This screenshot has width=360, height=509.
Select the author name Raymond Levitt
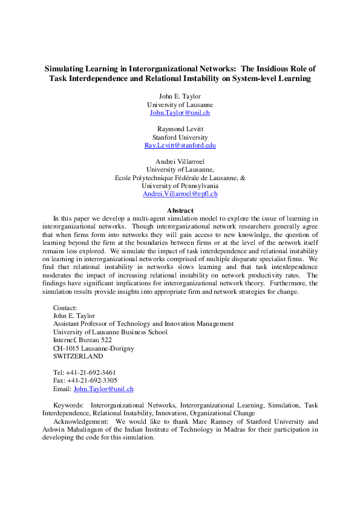tap(180, 129)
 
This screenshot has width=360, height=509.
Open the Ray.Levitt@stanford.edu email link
tap(180, 146)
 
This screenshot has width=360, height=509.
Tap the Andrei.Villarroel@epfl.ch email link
tap(180, 194)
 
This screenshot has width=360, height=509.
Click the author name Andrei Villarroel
tap(180, 162)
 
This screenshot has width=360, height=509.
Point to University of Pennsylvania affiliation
tap(180, 186)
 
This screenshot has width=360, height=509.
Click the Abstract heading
tap(180, 210)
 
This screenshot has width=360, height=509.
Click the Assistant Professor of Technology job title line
tap(143, 324)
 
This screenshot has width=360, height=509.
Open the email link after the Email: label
tap(103, 389)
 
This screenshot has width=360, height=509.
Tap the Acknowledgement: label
tap(81, 421)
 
